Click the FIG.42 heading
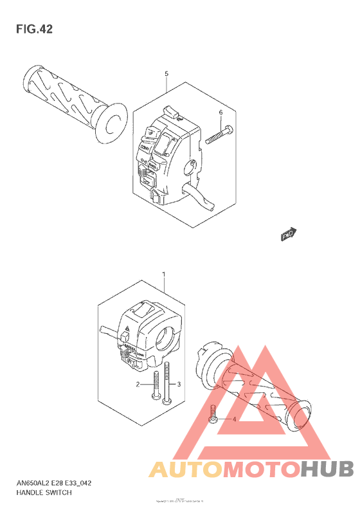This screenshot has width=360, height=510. click(33, 29)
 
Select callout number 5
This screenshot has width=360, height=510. click(166, 74)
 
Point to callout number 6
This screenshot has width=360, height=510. click(221, 113)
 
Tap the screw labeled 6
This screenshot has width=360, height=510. click(219, 134)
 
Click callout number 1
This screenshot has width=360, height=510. click(164, 275)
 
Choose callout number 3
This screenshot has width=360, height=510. click(179, 384)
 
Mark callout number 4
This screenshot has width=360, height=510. click(235, 419)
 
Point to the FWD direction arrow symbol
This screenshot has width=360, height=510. click(289, 235)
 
